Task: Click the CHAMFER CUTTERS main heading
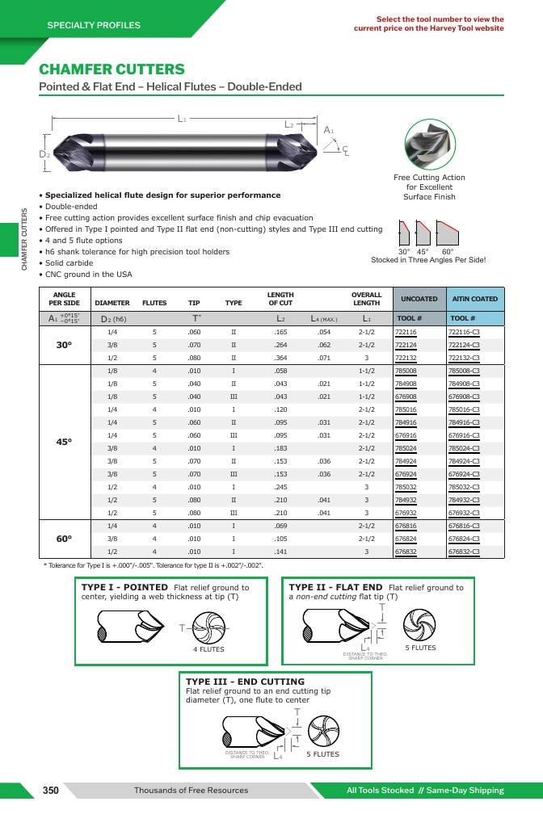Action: [x=112, y=69]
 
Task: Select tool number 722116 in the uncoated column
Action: [x=406, y=332]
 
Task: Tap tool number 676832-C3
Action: [x=464, y=552]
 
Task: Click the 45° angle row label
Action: [x=64, y=442]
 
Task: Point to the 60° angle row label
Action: [x=64, y=539]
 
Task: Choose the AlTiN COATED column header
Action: [x=475, y=299]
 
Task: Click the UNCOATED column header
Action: [x=419, y=299]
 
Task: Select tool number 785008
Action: [x=406, y=371]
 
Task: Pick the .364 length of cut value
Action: [x=280, y=358]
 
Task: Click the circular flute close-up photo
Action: [x=430, y=145]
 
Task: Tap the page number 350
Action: [x=50, y=790]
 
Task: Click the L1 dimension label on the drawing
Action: [x=182, y=119]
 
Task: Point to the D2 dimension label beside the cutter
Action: [x=44, y=153]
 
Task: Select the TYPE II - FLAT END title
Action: [x=335, y=587]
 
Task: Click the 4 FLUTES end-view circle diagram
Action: [x=209, y=627]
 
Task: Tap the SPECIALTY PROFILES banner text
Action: [x=94, y=25]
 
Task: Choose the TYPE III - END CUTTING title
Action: [x=246, y=682]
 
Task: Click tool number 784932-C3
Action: [x=464, y=501]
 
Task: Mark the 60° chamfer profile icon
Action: [x=448, y=233]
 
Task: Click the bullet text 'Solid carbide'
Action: [x=69, y=263]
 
